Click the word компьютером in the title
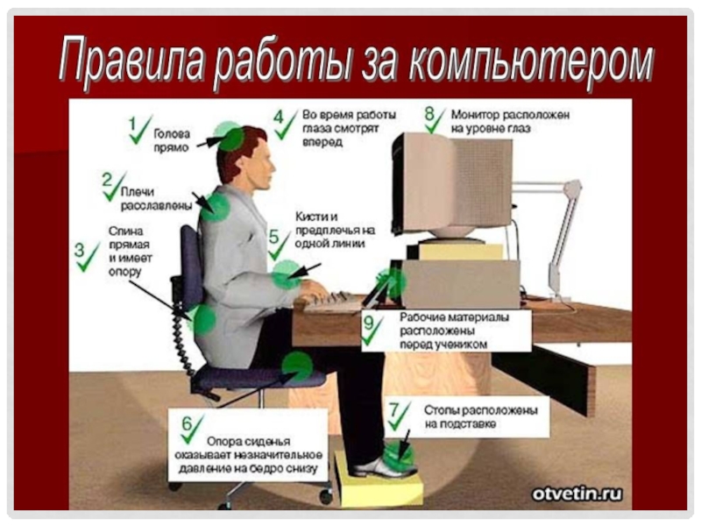pos(532,61)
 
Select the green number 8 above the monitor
pos(429,114)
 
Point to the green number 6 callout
pos(187,423)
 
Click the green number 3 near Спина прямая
pos(79,250)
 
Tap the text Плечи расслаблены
pos(157,199)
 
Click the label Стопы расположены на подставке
pos(480,417)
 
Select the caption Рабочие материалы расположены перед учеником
pos(454,331)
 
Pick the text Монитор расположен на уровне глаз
pos(510,122)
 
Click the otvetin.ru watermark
pos(577,494)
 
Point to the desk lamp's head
pos(573,188)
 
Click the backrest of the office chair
pos(191,267)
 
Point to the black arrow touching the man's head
pos(209,142)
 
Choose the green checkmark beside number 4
pos(287,125)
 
